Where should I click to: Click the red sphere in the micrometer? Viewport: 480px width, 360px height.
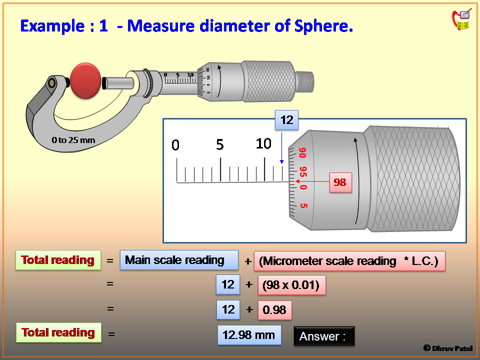pos(86,79)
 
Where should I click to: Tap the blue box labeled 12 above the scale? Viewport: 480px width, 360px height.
pos(286,120)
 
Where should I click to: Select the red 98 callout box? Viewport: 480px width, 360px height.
pos(340,182)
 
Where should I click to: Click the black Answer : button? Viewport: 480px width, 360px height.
pos(324,336)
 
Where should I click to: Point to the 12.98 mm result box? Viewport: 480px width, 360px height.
pos(249,335)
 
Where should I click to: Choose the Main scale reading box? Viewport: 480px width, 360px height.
pos(178,260)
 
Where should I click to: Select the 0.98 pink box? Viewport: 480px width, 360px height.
pos(274,310)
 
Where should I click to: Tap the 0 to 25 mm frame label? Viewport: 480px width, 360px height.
pos(73,140)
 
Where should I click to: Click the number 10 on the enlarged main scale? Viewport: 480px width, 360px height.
pos(263,144)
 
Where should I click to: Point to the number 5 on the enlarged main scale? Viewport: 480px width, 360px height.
pos(220,145)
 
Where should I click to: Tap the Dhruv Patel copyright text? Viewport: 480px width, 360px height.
pos(448,348)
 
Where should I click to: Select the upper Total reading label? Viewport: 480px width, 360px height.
pos(58,260)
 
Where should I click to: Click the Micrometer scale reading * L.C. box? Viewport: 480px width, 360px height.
pos(349,261)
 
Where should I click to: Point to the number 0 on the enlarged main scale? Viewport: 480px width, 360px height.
pos(175,145)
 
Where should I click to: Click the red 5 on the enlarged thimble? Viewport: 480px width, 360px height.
pos(303,205)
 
